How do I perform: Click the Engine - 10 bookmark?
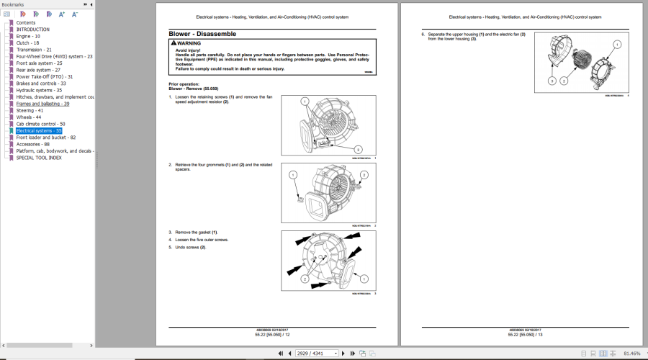click(x=29, y=35)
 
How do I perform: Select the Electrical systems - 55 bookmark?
click(x=39, y=130)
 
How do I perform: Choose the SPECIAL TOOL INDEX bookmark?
click(x=39, y=158)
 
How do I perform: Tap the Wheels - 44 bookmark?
click(x=28, y=117)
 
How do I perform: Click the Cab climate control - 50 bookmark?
click(x=40, y=124)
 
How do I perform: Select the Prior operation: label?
click(x=184, y=84)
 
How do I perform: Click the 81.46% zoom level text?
click(x=631, y=354)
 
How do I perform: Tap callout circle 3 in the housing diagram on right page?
click(x=552, y=81)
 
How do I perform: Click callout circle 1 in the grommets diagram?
click(x=293, y=175)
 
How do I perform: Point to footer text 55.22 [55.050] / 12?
click(x=277, y=334)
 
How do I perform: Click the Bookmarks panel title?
click(x=13, y=4)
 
